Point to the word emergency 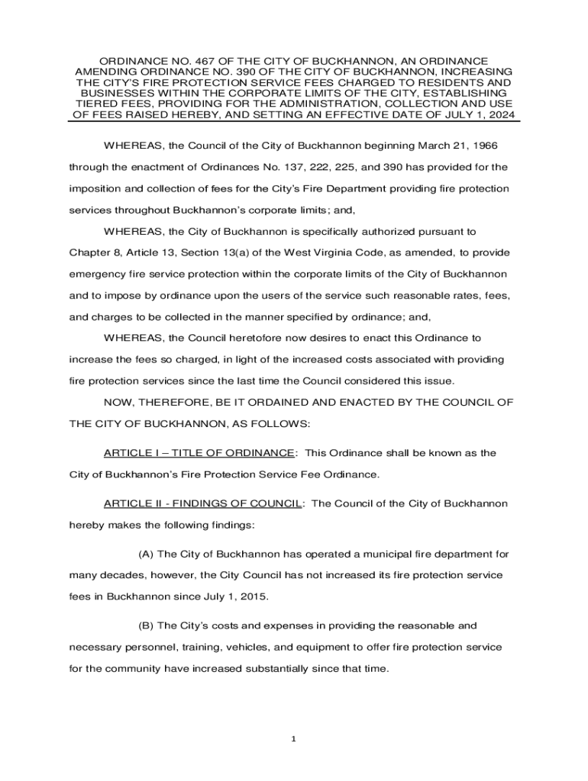point(96,273)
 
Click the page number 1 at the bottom point(294,739)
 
